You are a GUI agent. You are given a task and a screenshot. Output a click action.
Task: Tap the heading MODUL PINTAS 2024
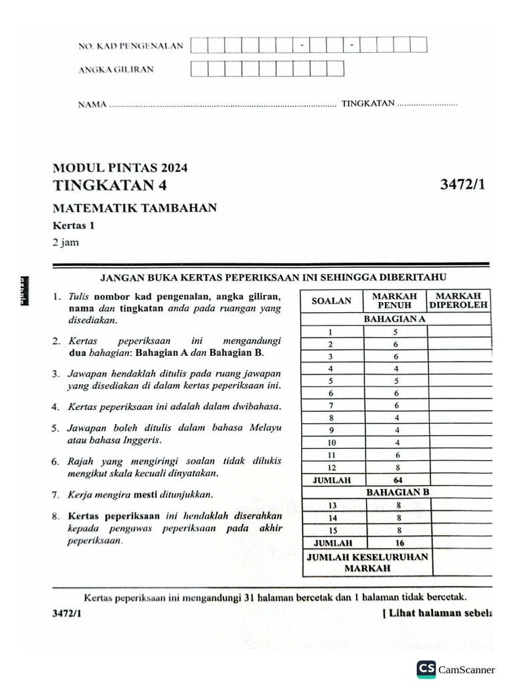pos(120,168)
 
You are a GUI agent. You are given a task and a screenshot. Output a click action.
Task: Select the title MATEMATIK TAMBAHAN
pos(135,208)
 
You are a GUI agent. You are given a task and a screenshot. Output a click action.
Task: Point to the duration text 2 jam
pos(66,243)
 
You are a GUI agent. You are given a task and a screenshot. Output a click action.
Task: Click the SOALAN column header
pos(331,301)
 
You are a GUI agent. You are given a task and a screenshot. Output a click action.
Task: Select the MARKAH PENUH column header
pos(394,300)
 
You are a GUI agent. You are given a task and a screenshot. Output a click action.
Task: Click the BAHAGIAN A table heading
pos(394,319)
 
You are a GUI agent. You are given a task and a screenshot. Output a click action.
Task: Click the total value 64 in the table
pos(397,480)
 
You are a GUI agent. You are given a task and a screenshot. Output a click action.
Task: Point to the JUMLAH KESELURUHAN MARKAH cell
pos(367,562)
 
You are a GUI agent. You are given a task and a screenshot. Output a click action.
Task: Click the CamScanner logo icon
pos(426,669)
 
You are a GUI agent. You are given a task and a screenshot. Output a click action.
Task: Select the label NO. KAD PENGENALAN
pos(131,46)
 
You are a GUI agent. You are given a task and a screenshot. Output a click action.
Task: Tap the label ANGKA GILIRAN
pos(116,69)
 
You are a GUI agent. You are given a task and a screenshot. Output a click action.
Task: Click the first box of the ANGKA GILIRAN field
pos(199,69)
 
